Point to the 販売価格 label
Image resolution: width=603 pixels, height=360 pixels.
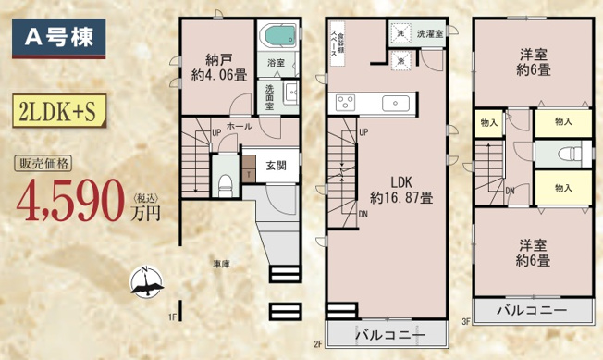(45, 166)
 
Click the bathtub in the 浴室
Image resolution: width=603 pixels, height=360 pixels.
(279, 38)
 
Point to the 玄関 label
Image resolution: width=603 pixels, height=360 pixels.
(277, 166)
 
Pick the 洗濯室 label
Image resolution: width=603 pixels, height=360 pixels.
(430, 33)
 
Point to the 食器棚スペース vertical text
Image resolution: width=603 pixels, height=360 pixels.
(338, 44)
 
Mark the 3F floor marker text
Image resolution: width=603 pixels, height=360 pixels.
(467, 321)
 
